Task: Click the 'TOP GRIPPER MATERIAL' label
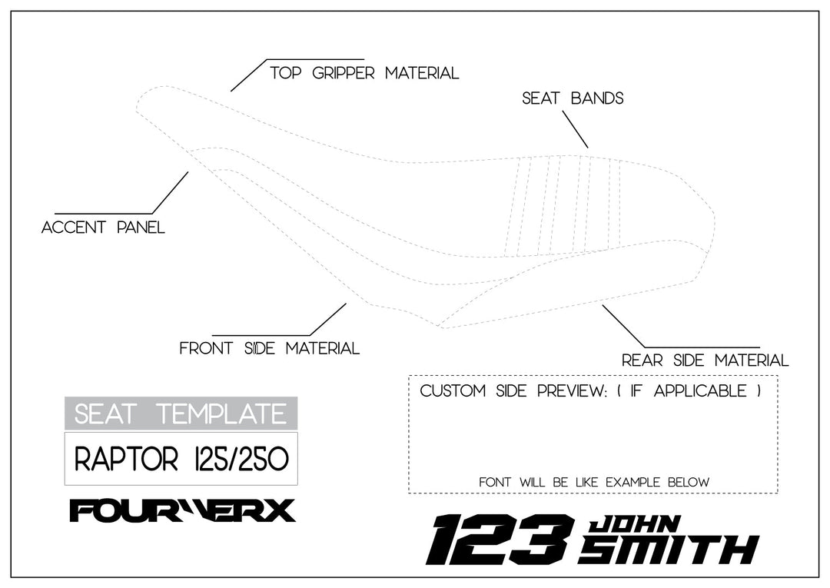pyautogui.click(x=364, y=74)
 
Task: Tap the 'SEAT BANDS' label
pyautogui.click(x=573, y=98)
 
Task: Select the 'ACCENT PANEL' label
pyautogui.click(x=103, y=228)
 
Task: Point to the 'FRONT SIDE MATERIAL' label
pyautogui.click(x=269, y=348)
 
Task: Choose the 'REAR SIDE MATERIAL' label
pyautogui.click(x=705, y=360)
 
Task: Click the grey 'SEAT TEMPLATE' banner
pyautogui.click(x=181, y=414)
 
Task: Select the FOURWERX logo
pyautogui.click(x=182, y=510)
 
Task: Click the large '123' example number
pyautogui.click(x=500, y=540)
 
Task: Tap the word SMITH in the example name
pyautogui.click(x=669, y=550)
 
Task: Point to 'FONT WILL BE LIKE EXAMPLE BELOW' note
pyautogui.click(x=593, y=482)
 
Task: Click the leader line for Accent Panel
pyautogui.click(x=170, y=193)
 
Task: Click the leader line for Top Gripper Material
pyautogui.click(x=247, y=75)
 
